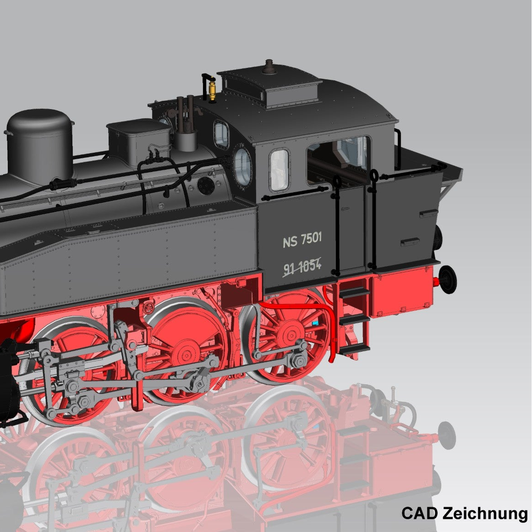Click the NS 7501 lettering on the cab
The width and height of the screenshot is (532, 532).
coord(302,240)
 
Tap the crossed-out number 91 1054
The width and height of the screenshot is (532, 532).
coord(302,266)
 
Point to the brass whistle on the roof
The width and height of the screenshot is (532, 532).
coord(213,89)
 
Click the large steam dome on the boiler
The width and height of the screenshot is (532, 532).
coord(40,145)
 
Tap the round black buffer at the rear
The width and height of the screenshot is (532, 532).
coord(448,279)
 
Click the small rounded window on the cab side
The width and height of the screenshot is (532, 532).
coord(280,170)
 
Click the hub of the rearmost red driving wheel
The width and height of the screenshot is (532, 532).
coord(291,334)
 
